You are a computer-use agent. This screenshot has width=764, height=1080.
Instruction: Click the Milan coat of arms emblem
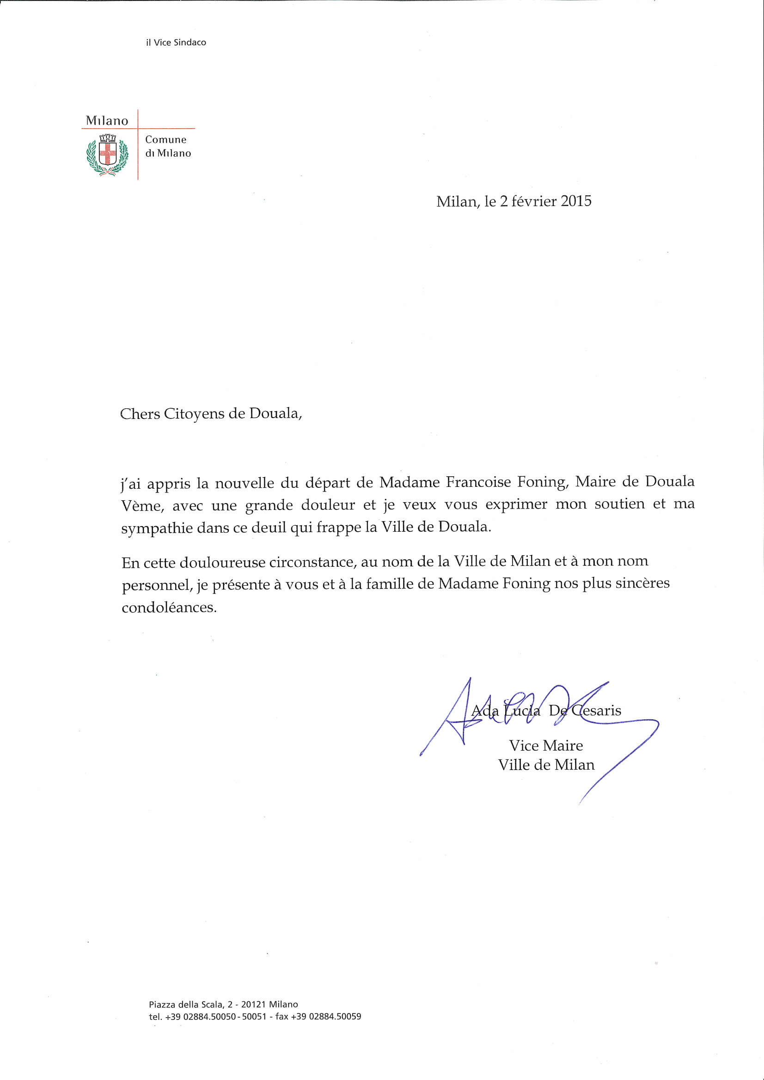pos(107,155)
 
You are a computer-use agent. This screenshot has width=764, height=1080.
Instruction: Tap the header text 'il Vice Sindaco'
pos(176,42)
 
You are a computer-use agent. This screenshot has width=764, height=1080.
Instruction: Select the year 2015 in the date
pos(576,201)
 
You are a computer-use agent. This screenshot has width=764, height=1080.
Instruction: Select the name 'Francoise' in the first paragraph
pos(478,482)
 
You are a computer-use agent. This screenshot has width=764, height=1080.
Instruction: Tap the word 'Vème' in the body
pos(143,506)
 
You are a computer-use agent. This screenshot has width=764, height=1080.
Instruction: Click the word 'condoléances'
pos(169,607)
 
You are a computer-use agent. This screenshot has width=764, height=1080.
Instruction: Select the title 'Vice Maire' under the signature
pos(545,746)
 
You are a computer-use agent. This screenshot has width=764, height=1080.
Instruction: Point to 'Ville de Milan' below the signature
pos(546,765)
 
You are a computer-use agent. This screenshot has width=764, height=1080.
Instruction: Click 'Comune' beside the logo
pos(166,140)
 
